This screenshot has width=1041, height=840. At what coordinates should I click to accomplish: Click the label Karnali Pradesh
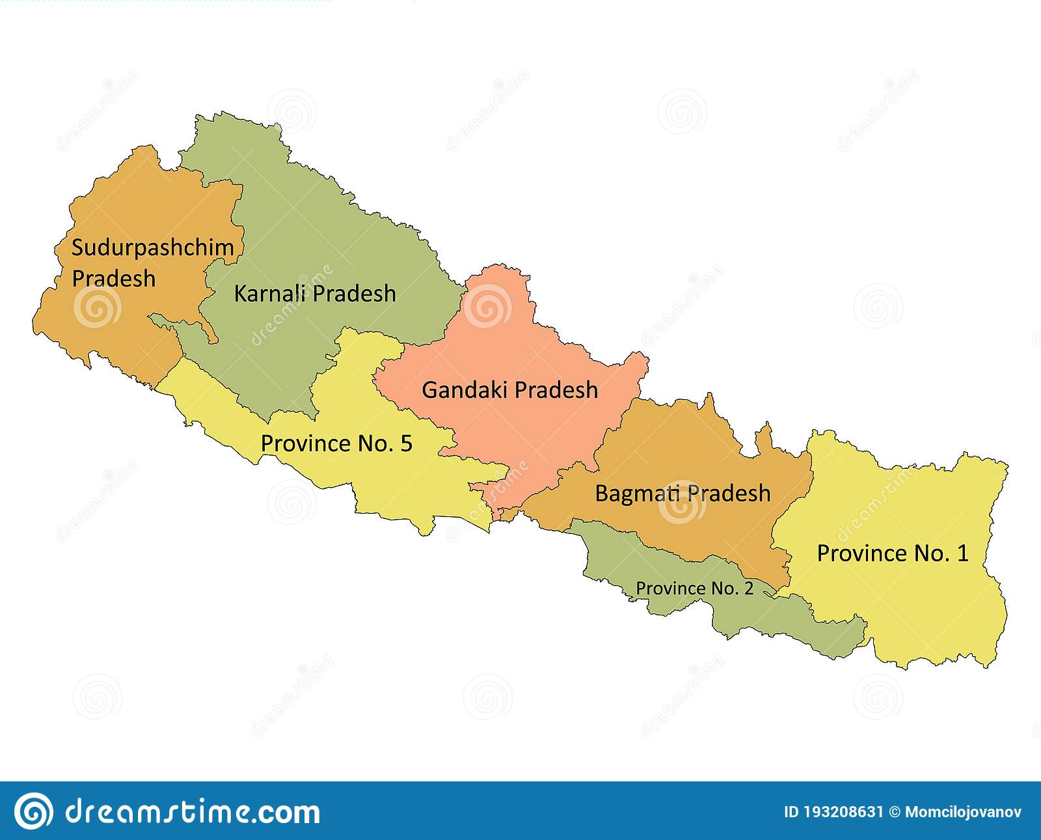tap(315, 294)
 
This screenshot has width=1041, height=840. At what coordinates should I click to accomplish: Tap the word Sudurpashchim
tap(152, 247)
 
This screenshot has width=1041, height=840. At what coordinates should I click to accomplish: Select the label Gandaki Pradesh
tap(509, 390)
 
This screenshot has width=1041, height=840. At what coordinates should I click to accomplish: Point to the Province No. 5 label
tap(336, 443)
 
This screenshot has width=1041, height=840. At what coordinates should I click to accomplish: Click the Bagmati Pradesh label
tap(683, 494)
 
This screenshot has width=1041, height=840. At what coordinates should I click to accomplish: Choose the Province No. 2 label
tap(694, 589)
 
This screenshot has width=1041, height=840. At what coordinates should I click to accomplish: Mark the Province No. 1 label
tap(892, 553)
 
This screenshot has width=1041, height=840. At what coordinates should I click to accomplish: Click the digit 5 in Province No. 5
tap(406, 443)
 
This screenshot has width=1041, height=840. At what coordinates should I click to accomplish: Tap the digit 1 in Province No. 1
tap(962, 553)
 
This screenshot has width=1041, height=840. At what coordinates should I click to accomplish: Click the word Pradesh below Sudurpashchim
tap(114, 279)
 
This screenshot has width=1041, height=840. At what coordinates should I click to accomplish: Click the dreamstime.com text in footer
tap(193, 812)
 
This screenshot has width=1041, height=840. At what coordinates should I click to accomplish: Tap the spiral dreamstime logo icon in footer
tap(34, 811)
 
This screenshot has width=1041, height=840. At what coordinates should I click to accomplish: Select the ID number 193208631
tap(843, 812)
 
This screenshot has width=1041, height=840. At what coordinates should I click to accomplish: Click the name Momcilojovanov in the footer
tap(963, 812)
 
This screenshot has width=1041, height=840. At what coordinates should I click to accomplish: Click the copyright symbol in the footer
tap(894, 812)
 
